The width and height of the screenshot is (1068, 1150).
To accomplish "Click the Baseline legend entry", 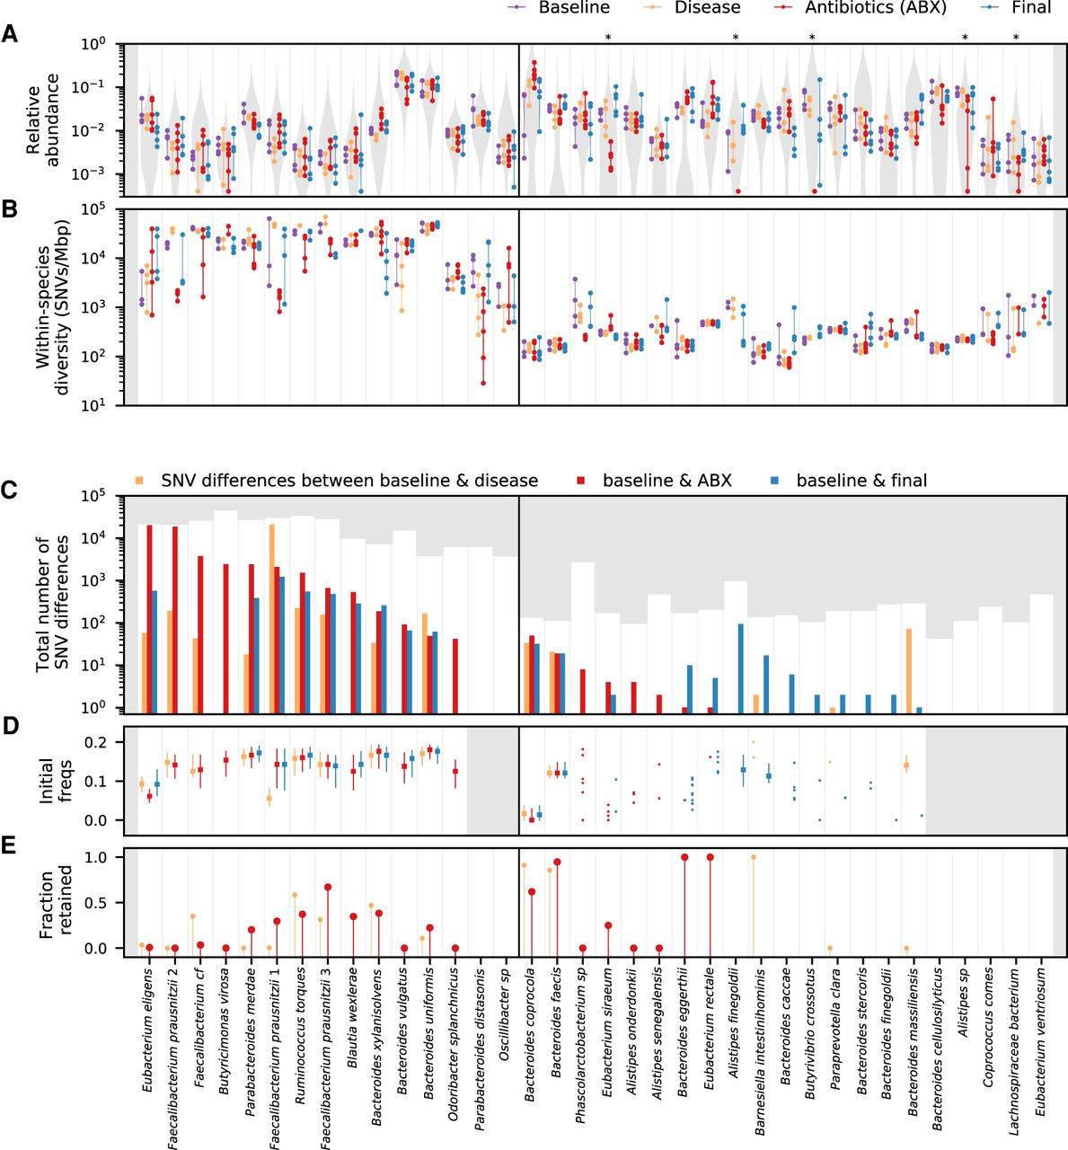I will point(573,7).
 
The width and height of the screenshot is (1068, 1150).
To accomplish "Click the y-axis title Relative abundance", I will point(44,119).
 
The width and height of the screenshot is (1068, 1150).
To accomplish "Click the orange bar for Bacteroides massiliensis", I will point(909,670).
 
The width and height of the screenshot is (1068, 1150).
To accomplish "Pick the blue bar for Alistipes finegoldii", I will point(740,668).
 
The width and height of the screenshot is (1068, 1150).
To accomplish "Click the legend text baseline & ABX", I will point(667,481).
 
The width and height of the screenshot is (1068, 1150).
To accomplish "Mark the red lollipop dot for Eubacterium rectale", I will point(711,857).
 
